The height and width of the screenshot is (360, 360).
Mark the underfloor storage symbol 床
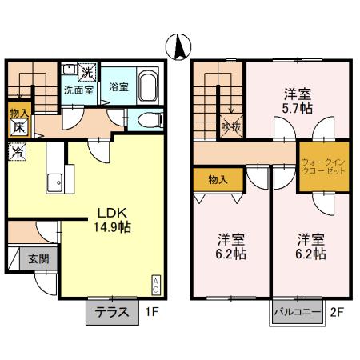pyautogui.click(x=18, y=126)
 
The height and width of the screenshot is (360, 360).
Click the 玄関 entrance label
pyautogui.click(x=38, y=258)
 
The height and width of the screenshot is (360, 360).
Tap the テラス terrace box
pyautogui.click(x=112, y=312)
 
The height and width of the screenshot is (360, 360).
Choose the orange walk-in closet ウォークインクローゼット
pyautogui.click(x=324, y=167)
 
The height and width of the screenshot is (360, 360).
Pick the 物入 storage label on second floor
pyautogui.click(x=218, y=178)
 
